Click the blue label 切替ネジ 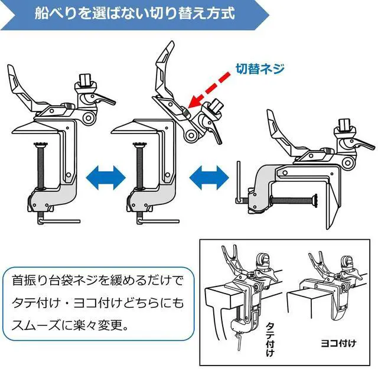260,69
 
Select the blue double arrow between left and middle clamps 106,178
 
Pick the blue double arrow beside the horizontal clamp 209,178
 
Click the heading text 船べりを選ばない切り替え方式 135,13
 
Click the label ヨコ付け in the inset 338,343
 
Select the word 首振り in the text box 29,281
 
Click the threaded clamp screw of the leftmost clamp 41,167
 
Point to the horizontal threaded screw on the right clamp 295,200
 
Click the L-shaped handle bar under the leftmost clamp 58,220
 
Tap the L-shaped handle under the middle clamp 158,220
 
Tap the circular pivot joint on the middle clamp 191,135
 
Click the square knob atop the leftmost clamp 85,80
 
